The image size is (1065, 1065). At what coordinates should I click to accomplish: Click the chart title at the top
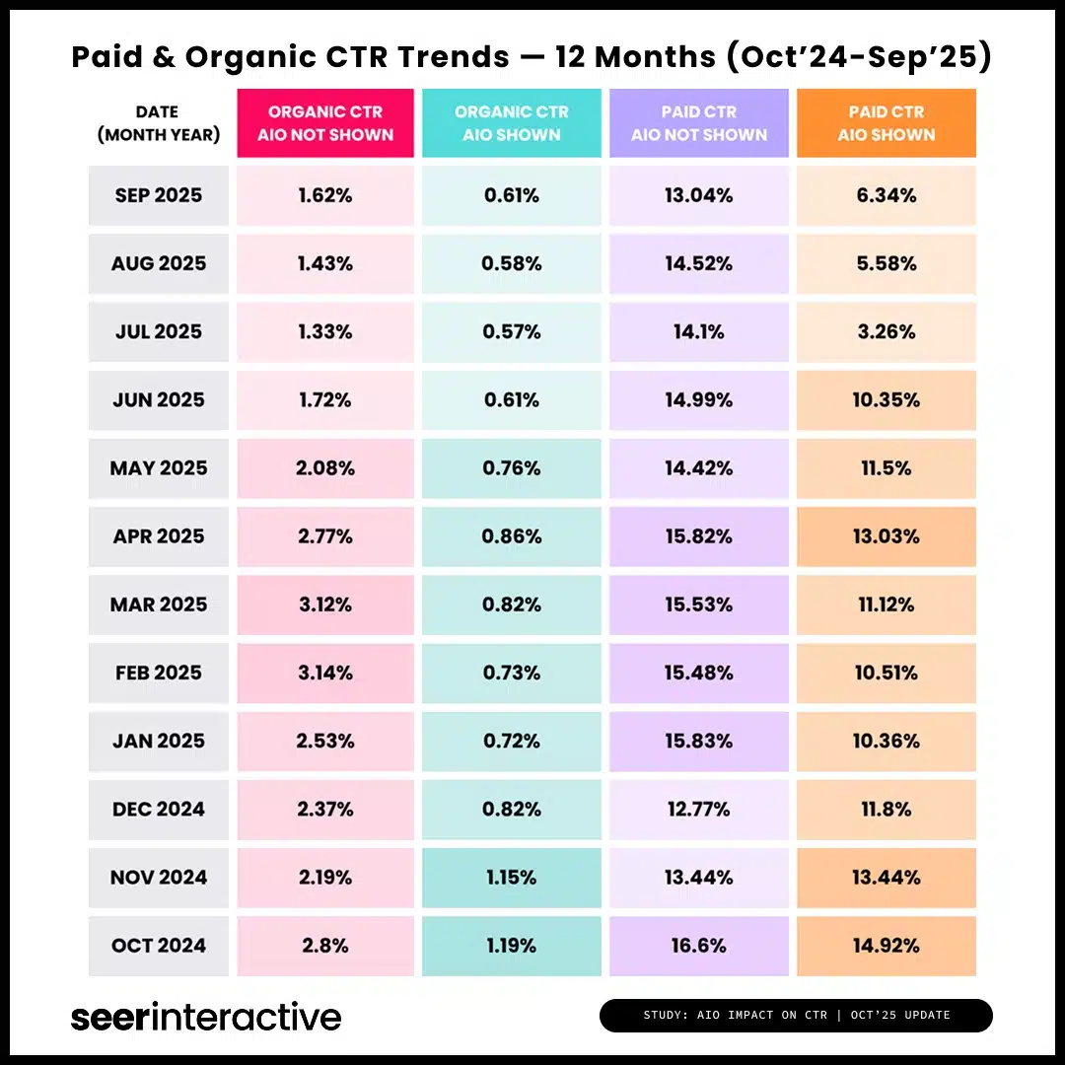click(x=532, y=57)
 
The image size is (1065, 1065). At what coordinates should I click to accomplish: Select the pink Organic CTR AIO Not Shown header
click(x=325, y=123)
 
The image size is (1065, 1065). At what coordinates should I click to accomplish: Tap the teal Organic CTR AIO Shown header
click(x=512, y=123)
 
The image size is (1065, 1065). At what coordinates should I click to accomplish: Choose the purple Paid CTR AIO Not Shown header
click(x=699, y=123)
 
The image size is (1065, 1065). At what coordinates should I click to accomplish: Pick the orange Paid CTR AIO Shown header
click(x=887, y=123)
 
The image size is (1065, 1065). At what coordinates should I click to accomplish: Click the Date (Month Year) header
click(x=159, y=123)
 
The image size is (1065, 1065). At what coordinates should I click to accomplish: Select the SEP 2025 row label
click(x=159, y=195)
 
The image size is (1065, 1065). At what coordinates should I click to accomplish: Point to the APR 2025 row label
click(x=159, y=536)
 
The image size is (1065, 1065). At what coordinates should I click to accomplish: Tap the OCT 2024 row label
click(x=159, y=946)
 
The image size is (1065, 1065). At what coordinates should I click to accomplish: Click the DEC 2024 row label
click(x=159, y=810)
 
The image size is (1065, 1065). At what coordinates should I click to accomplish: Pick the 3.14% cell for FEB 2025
click(x=325, y=673)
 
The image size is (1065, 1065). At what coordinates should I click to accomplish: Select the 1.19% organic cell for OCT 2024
click(x=512, y=946)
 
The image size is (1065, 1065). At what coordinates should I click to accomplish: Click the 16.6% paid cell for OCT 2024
click(x=699, y=946)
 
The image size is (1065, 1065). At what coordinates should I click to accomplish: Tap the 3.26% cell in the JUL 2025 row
click(x=887, y=331)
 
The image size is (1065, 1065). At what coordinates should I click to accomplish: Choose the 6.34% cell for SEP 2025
click(x=887, y=195)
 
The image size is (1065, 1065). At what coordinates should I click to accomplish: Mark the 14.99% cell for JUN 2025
click(x=699, y=399)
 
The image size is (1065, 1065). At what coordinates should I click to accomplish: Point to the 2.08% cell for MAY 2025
click(x=325, y=467)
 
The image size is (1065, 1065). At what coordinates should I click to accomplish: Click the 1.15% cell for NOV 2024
click(x=512, y=878)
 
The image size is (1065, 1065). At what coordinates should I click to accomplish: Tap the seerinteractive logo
click(x=206, y=1017)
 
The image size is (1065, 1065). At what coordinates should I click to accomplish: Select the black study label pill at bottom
click(x=796, y=1016)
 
